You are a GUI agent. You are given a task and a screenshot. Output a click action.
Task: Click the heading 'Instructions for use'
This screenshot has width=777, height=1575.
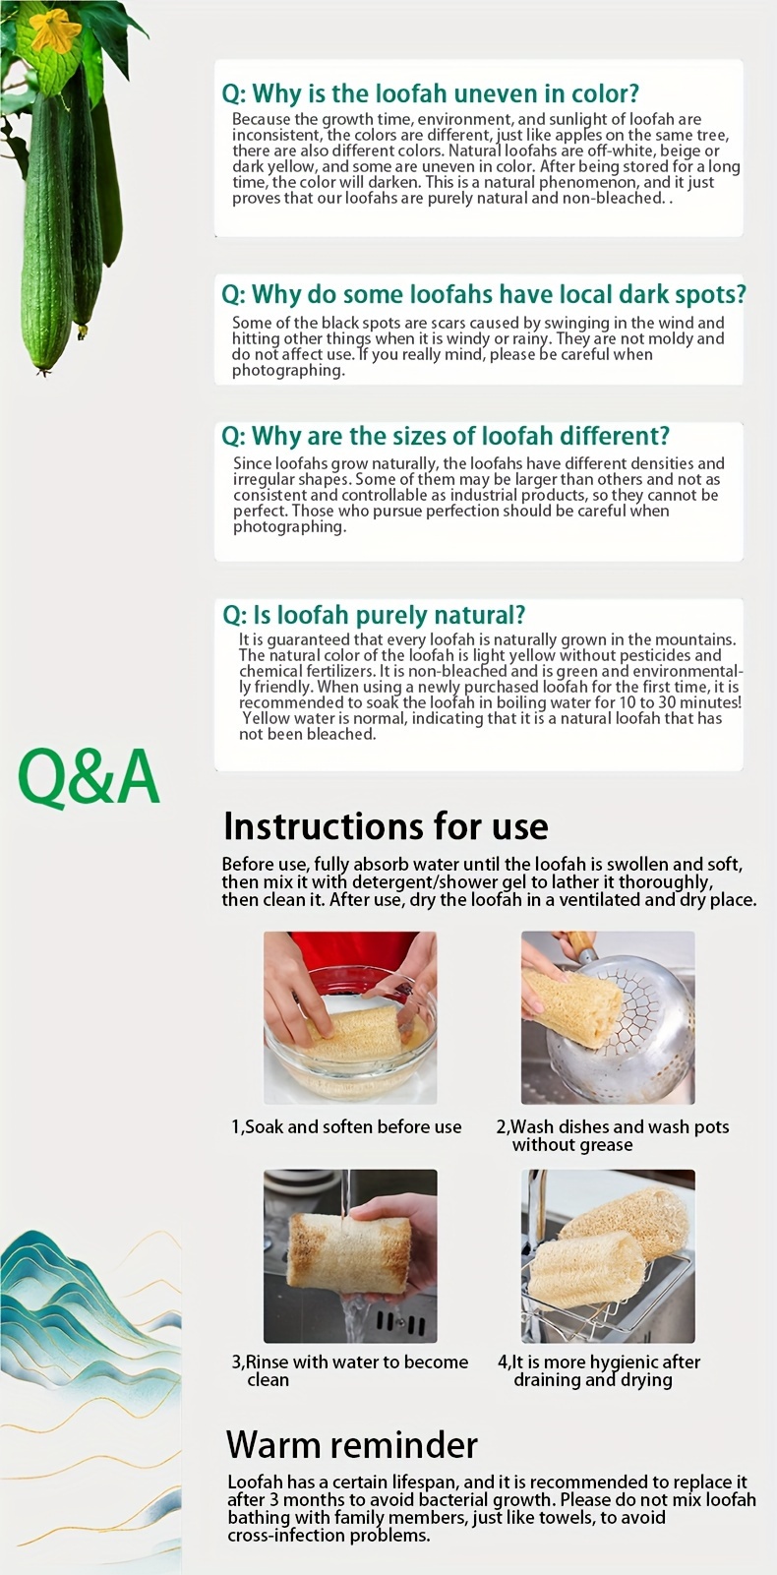[386, 826]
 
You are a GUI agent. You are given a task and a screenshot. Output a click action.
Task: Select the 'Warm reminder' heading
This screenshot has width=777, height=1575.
[352, 1445]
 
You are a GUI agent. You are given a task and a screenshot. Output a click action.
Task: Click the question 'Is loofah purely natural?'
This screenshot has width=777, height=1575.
[374, 615]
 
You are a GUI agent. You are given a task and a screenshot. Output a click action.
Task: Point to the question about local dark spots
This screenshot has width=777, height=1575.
[483, 294]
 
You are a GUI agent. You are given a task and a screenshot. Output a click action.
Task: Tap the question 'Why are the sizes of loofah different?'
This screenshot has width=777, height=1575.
[446, 436]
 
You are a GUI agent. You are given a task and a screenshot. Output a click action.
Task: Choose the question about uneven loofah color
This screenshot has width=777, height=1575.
[431, 93]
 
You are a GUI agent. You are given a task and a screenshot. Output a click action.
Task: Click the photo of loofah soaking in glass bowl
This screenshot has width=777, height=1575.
[350, 1017]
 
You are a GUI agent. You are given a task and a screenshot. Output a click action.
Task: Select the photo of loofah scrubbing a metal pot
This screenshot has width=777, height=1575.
[608, 1017]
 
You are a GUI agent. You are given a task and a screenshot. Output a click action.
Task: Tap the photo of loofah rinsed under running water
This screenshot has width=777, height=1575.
[350, 1256]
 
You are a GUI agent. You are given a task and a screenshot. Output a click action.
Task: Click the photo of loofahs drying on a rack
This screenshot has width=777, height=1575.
[608, 1256]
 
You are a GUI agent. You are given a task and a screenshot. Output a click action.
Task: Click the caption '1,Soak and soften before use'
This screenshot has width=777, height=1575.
[346, 1127]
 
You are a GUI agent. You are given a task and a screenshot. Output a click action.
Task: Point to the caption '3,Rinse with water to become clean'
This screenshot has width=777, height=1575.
[349, 1371]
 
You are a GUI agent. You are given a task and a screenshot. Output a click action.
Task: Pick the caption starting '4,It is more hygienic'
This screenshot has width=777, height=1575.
[598, 1371]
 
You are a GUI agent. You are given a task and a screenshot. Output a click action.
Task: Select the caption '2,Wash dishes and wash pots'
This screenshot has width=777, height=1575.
[613, 1136]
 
